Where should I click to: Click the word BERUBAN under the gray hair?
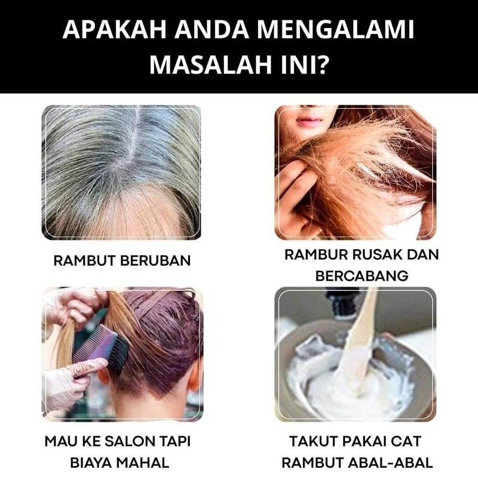pos(155,261)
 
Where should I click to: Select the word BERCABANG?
pos(361,276)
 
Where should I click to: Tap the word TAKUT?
pos(312,442)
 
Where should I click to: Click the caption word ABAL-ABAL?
pos(391,462)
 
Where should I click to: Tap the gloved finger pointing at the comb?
pos(88,364)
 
